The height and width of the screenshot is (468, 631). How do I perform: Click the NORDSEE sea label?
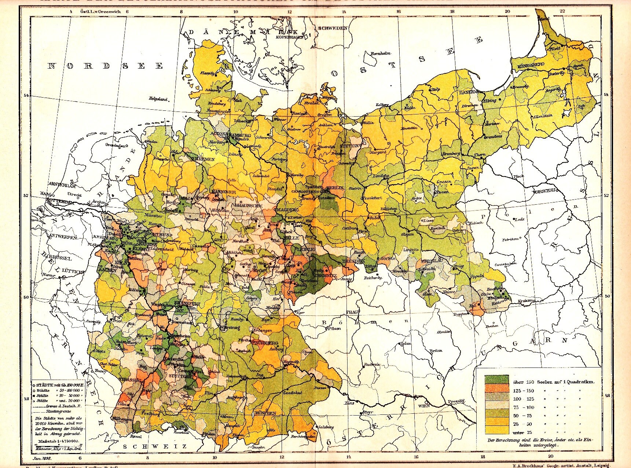[106, 66]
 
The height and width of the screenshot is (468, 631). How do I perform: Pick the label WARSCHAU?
[544, 190]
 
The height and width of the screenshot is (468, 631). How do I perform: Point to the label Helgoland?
[158, 99]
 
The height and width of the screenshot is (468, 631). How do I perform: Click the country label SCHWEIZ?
[155, 446]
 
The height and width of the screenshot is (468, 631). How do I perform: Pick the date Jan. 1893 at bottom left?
[42, 458]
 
